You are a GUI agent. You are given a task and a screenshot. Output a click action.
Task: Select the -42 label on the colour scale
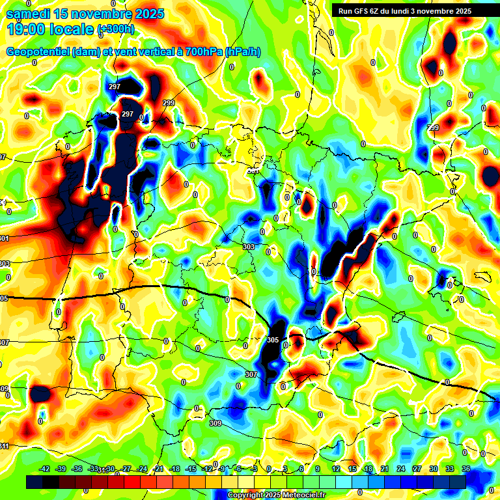(x=45, y=469)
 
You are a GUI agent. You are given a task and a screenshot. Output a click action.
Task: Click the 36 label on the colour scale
(x=466, y=469)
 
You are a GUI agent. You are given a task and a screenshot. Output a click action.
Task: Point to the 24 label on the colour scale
(x=400, y=469)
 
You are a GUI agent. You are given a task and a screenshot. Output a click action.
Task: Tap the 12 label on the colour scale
(x=336, y=469)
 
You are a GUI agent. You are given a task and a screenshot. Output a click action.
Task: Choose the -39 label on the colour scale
(x=61, y=469)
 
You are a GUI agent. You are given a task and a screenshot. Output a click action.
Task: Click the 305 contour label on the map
(x=273, y=340)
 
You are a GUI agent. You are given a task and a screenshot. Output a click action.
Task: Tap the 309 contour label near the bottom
(x=215, y=423)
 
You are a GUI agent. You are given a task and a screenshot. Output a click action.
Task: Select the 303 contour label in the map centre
(x=248, y=247)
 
